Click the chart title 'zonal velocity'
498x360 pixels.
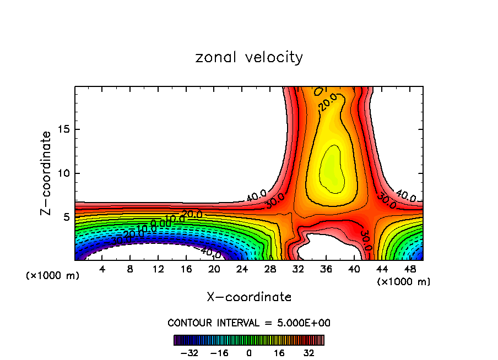(x=249, y=57)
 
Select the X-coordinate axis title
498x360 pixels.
(x=249, y=297)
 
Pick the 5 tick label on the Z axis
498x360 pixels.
(x=64, y=217)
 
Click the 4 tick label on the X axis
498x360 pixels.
(x=102, y=269)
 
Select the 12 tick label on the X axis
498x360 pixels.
(x=158, y=269)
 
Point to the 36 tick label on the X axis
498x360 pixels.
(x=326, y=269)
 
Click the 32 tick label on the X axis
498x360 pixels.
(x=299, y=269)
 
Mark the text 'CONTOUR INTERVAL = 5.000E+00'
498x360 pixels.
(x=249, y=323)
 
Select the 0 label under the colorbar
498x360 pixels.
(x=249, y=352)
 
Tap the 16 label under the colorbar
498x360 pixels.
(x=279, y=352)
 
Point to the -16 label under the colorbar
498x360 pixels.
(x=219, y=352)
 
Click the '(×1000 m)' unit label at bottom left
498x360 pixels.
(x=53, y=276)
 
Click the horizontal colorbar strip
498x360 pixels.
(x=249, y=340)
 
